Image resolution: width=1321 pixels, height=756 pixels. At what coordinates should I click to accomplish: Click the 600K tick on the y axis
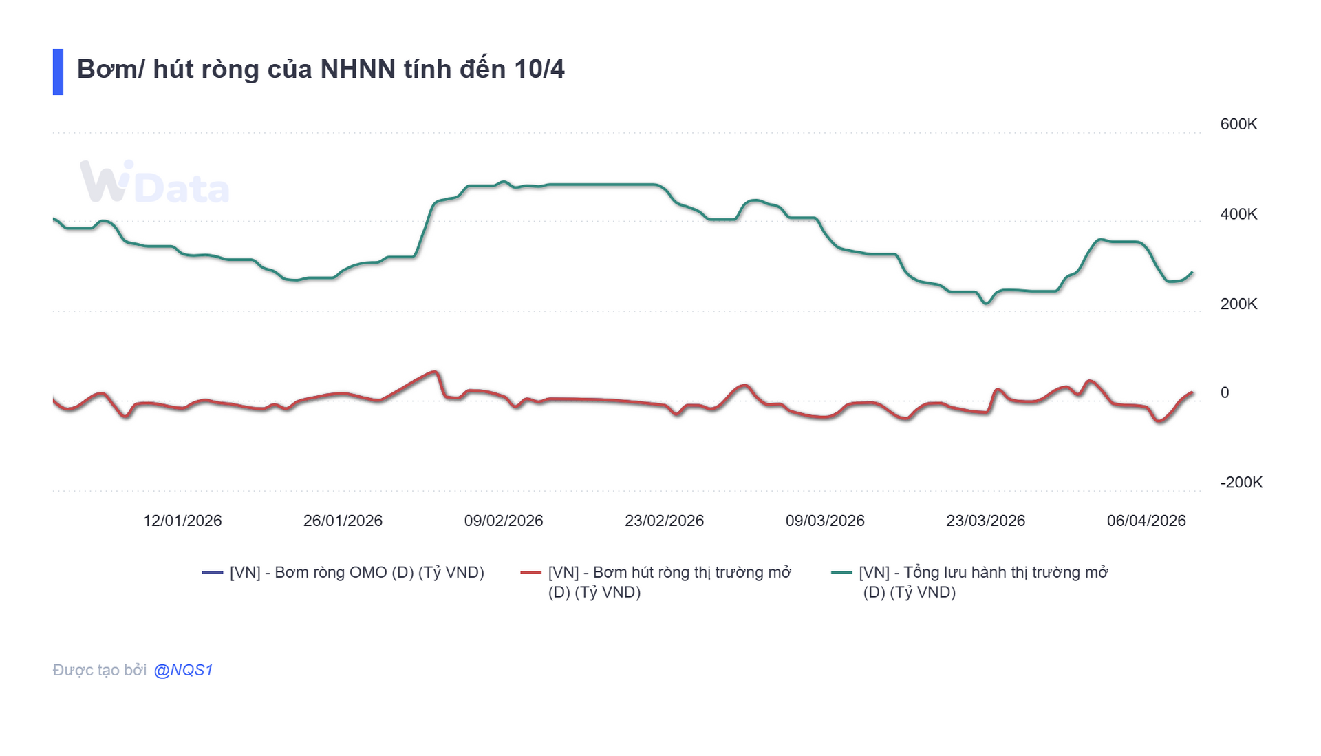tap(1238, 125)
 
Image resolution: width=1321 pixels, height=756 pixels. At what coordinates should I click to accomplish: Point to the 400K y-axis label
tap(1238, 214)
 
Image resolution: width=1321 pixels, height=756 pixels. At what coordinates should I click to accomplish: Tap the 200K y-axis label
tap(1238, 304)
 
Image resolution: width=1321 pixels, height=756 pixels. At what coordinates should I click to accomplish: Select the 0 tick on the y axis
tap(1224, 392)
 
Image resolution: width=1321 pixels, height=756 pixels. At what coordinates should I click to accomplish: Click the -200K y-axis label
tap(1241, 483)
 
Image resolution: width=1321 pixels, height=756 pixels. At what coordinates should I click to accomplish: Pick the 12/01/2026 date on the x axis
tap(182, 521)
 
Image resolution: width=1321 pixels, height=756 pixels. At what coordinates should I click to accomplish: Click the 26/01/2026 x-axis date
tap(343, 521)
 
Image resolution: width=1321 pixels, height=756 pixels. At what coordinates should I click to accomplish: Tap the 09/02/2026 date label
tap(504, 521)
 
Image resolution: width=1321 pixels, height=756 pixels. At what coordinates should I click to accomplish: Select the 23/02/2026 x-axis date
tap(664, 521)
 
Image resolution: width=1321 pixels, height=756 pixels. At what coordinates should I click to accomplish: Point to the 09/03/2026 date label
tap(825, 521)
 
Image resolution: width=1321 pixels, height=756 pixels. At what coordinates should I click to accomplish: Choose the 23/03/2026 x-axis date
tap(985, 521)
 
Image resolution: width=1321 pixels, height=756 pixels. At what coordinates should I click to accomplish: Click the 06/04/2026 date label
tap(1146, 521)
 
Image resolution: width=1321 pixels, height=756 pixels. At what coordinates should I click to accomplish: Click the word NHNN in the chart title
tap(358, 70)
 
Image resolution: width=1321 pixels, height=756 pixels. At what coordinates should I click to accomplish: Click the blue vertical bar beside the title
tap(58, 72)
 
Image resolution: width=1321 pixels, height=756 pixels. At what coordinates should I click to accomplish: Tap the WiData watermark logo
tap(154, 183)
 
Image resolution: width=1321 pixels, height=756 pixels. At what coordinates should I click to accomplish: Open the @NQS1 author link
tap(183, 670)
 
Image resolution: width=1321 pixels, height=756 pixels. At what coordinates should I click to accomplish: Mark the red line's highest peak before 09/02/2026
tap(433, 372)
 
